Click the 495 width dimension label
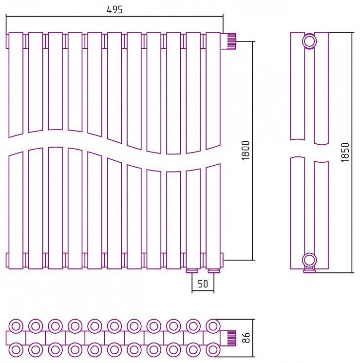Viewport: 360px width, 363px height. click(114, 9)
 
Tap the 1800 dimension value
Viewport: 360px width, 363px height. click(246, 151)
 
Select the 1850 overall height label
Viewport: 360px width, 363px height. click(345, 153)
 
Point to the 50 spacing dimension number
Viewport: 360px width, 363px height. click(203, 284)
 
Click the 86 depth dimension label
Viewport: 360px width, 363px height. click(247, 338)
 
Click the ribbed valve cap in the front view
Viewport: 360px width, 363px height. click(231, 41)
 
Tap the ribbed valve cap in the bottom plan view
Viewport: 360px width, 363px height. click(231, 338)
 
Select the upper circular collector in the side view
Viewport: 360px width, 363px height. click(309, 41)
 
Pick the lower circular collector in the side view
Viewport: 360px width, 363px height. click(309, 260)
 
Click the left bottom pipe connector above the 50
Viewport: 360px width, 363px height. click(192, 271)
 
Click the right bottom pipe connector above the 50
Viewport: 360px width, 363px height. click(214, 271)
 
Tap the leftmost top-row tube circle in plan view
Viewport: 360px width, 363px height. click(16, 326)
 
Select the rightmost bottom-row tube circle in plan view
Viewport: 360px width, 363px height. click(213, 349)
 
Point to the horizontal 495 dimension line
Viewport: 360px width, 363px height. click(114, 17)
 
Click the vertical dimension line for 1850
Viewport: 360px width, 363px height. click(352, 153)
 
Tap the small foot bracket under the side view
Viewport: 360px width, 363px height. click(309, 270)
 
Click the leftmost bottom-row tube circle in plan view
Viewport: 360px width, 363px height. click(16, 349)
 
